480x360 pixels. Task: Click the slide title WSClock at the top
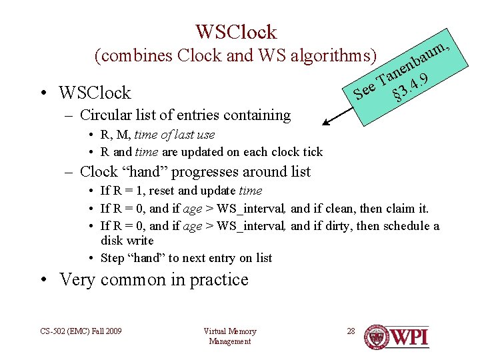(236, 31)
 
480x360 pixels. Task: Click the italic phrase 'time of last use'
(175, 135)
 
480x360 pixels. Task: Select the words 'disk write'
(127, 241)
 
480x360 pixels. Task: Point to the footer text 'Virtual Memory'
(230, 331)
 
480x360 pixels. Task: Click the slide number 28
(351, 331)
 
